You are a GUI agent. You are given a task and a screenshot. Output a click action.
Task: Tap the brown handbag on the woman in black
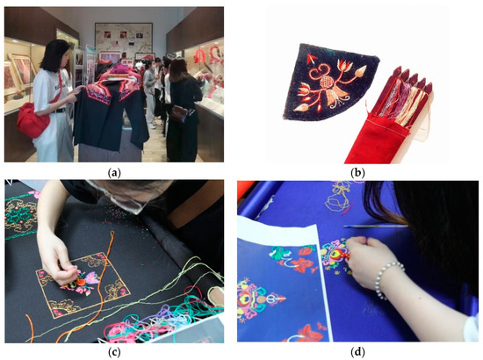point(179,112)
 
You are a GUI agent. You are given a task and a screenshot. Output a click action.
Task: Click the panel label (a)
point(120,173)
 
